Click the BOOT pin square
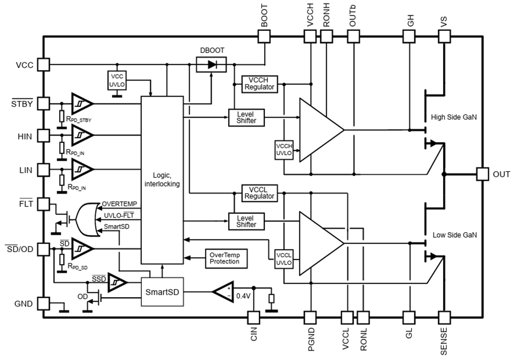point(264,36)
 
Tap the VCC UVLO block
point(118,79)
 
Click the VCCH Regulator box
point(260,83)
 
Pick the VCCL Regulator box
point(260,193)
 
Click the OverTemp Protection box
point(225,258)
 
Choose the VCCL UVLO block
point(284,258)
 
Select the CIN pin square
point(252,317)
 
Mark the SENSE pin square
point(444,317)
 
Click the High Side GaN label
point(454,117)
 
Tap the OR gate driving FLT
point(86,218)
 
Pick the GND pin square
point(43,304)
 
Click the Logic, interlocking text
point(163,179)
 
